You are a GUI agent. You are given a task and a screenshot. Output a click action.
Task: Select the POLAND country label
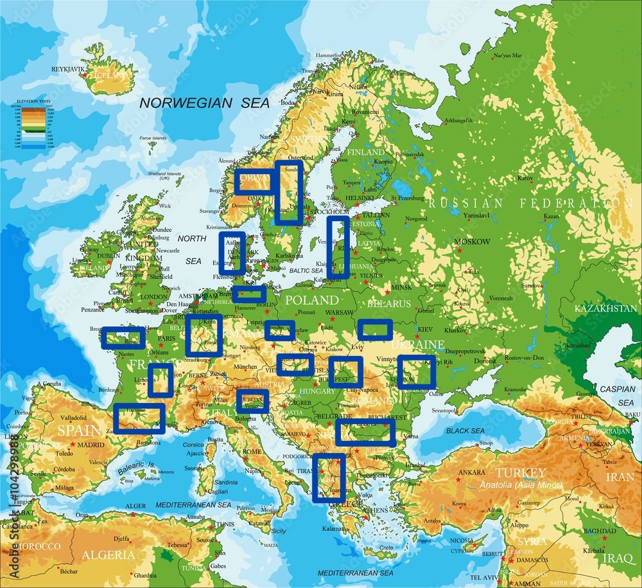tap(311, 300)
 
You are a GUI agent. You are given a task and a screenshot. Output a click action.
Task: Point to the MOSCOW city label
tap(472, 242)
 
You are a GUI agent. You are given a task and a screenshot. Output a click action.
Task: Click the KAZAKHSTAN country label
tap(605, 308)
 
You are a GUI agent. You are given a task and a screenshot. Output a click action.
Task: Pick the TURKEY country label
tap(520, 473)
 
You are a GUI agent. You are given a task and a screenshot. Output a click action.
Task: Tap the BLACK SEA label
tap(465, 431)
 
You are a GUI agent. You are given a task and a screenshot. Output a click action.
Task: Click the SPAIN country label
tap(79, 430)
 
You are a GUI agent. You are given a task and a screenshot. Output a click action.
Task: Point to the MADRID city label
tap(91, 445)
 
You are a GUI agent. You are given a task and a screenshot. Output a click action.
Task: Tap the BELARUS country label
tap(389, 303)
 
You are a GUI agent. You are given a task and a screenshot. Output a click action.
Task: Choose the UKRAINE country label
tap(417, 344)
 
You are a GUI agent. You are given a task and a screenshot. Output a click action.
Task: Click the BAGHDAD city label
tap(600, 531)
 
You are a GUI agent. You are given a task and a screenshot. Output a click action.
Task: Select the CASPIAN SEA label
tap(617, 395)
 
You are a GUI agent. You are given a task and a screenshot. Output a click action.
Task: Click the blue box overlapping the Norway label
tap(254, 183)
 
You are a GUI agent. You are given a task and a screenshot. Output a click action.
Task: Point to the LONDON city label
tap(153, 297)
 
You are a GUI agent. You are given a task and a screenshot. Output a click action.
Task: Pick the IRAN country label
tap(620, 477)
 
